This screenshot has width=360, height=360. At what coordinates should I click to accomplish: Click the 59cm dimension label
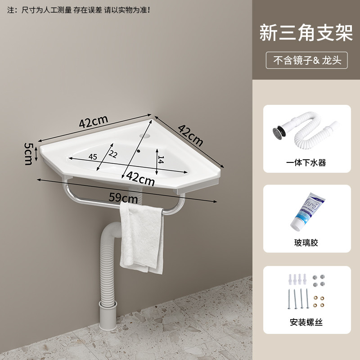click(123, 198)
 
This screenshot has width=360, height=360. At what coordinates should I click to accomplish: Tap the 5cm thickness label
click(28, 153)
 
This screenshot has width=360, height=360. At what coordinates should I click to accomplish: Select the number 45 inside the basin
click(93, 157)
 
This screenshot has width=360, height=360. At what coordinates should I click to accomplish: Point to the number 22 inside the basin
click(113, 154)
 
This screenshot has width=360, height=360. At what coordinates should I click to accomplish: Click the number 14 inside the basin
click(161, 160)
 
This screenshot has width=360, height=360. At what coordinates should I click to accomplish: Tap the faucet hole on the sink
click(144, 136)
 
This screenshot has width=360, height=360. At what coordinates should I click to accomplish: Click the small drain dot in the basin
click(139, 151)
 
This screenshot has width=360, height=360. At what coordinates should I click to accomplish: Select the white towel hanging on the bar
click(141, 238)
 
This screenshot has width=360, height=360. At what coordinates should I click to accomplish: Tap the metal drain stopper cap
click(278, 132)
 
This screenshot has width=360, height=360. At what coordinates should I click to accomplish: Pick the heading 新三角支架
click(306, 33)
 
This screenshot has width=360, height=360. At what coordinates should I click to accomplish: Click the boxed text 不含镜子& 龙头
click(307, 60)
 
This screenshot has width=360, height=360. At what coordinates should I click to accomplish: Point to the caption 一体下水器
click(306, 162)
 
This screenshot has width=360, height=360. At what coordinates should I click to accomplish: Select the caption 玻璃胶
click(306, 243)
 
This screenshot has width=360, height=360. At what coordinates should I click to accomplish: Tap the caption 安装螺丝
click(306, 322)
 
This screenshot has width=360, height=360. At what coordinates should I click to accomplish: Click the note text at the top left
click(78, 10)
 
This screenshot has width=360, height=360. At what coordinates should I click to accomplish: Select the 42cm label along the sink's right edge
click(190, 135)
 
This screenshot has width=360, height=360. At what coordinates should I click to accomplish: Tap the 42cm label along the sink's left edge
click(94, 121)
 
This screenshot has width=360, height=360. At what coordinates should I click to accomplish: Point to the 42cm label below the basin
click(140, 178)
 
